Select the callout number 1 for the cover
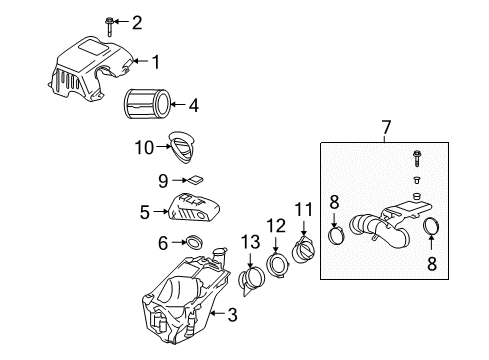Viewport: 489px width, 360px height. (156, 62)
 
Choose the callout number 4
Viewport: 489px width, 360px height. (194, 103)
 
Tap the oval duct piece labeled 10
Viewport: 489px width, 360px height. (183, 147)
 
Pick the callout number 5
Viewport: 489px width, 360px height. (145, 212)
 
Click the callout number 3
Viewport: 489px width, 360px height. (232, 317)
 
